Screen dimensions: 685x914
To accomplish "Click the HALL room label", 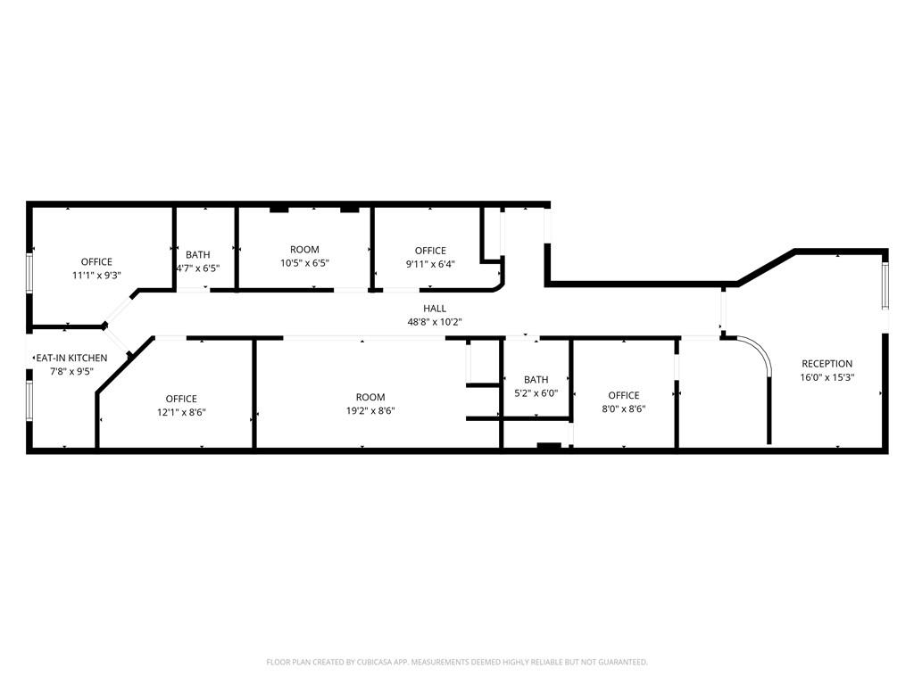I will (x=435, y=309).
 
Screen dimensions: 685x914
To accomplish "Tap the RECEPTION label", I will (x=827, y=364).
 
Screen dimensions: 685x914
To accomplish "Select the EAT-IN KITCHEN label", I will (x=71, y=359).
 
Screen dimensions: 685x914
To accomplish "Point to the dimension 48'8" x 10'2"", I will (x=435, y=322).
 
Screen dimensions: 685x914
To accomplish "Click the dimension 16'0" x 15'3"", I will (x=827, y=377).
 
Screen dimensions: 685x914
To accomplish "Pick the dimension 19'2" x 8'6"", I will (x=370, y=411).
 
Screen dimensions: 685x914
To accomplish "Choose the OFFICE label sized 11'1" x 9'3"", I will (x=96, y=262).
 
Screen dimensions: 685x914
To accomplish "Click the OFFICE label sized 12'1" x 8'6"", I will (x=181, y=399).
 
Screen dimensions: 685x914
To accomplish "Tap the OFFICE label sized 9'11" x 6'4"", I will (x=430, y=251).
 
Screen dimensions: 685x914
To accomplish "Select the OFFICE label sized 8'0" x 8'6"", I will (x=624, y=395).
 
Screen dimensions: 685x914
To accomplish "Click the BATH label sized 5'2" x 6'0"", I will (x=536, y=380).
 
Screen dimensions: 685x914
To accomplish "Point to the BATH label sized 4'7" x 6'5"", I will (x=198, y=255).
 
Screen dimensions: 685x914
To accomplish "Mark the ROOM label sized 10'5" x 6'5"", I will (x=304, y=250).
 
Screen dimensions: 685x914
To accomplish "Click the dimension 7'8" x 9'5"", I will (x=72, y=372).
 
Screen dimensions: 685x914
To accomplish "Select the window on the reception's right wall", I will (x=885, y=285).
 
